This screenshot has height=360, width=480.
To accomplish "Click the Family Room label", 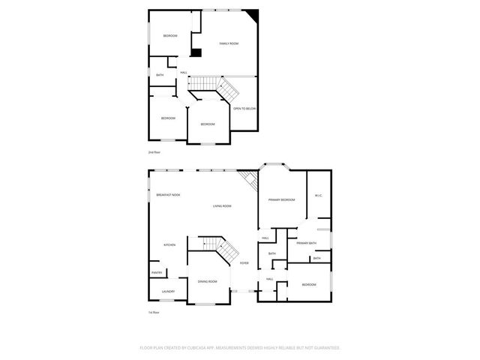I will [x=228, y=44].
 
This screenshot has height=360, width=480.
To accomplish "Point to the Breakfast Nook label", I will [x=168, y=195].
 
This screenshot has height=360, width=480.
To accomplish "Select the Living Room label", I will [x=222, y=205].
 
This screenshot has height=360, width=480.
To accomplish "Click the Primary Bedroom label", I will [x=282, y=199].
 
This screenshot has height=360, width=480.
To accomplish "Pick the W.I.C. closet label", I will [x=318, y=196].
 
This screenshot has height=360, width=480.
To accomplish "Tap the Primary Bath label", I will [x=306, y=243].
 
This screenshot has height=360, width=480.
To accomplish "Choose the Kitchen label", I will [x=169, y=245].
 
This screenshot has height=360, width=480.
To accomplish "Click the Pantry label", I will [x=157, y=272].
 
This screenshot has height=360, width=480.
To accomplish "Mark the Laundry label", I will [x=168, y=292].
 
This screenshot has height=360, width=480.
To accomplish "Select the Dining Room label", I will [x=208, y=281].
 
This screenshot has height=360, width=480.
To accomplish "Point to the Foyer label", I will [x=244, y=263].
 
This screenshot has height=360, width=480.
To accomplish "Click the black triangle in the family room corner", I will [x=253, y=15].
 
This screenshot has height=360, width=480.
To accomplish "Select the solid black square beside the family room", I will [x=196, y=52].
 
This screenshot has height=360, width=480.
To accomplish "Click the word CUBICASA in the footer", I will [x=204, y=347].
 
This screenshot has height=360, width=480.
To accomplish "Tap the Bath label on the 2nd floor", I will [x=160, y=75].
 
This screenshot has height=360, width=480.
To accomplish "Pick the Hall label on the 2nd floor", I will [x=183, y=73].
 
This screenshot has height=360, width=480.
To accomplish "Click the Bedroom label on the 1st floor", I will [x=309, y=285].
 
